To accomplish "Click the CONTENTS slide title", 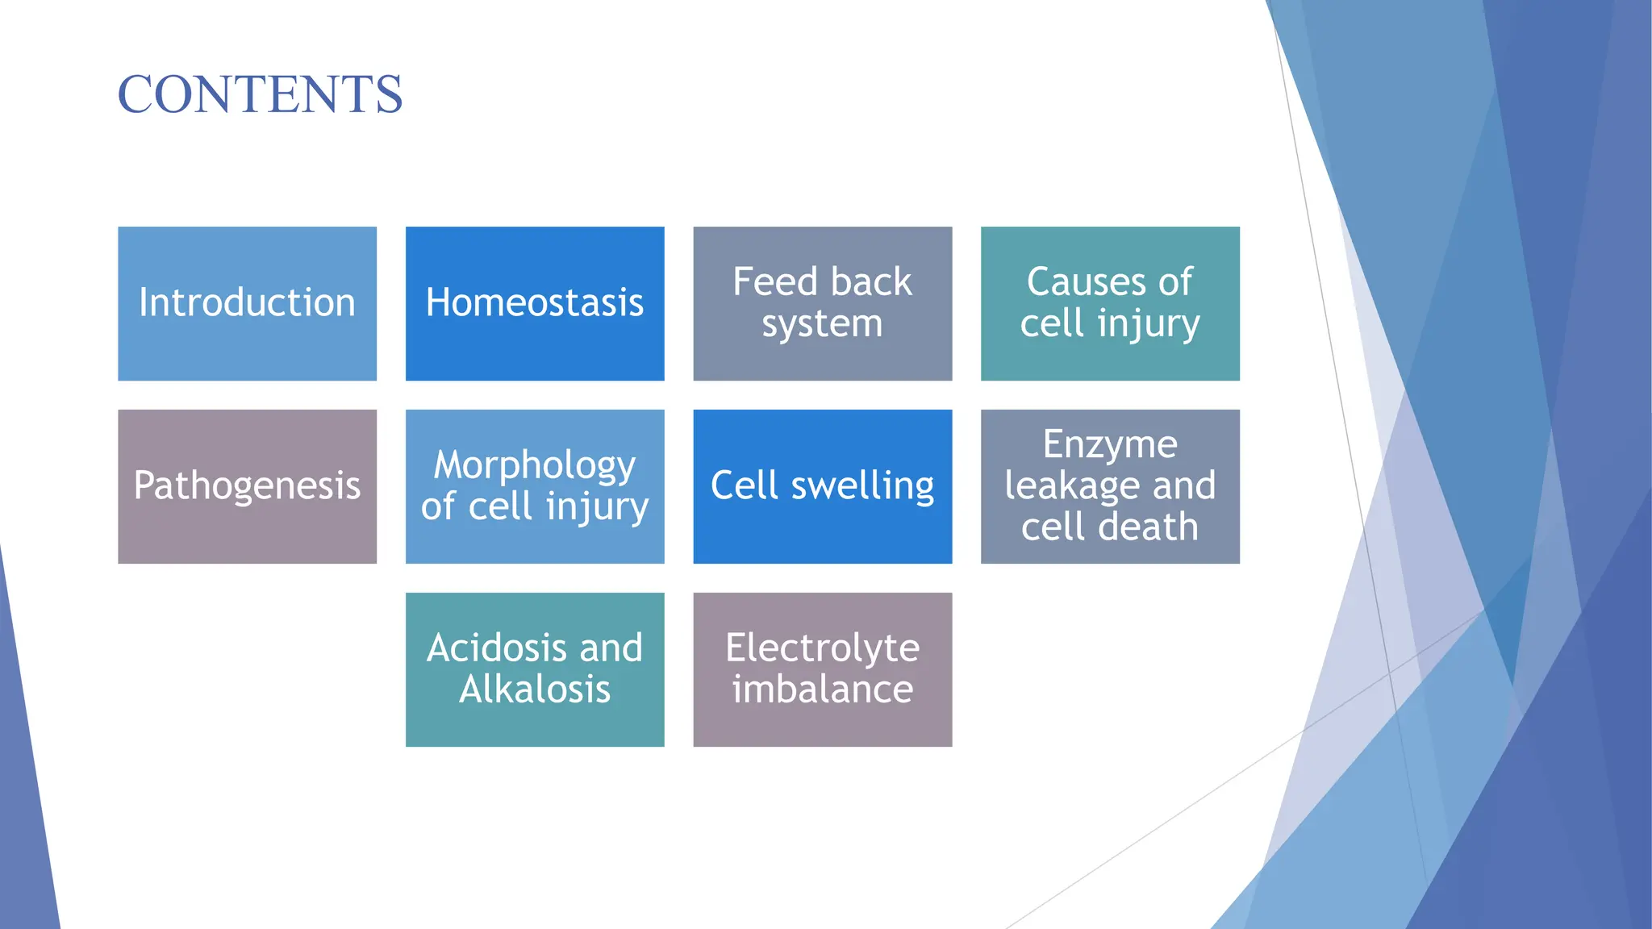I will point(260,94).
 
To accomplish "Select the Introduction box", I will point(247,303).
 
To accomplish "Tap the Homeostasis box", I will point(535,303).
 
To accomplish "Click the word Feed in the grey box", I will point(775,282).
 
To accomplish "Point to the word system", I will point(822,324).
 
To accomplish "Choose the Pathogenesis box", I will point(247,486).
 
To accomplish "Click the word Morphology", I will point(535,465).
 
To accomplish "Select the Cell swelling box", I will point(822,486).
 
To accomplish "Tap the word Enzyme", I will point(1110,444).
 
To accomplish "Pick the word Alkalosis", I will point(535,689).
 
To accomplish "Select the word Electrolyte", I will point(822,648).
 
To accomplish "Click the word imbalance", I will point(822,689).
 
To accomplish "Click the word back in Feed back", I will point(871,282).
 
